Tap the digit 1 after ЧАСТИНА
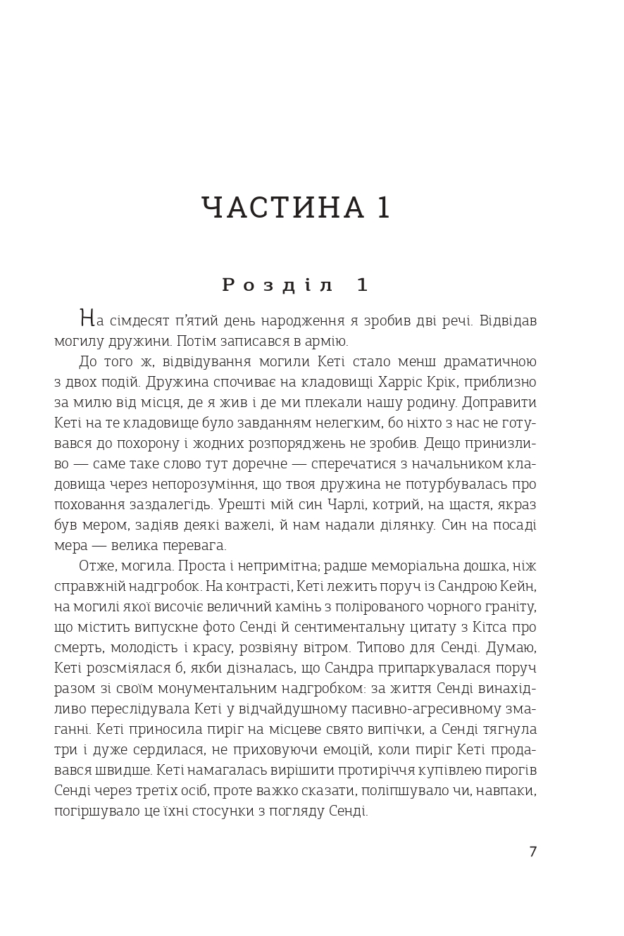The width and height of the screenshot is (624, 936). click(383, 208)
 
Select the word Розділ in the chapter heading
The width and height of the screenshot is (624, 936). click(277, 285)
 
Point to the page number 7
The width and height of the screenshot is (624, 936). click(532, 851)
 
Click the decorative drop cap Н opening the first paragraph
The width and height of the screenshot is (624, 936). click(87, 318)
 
